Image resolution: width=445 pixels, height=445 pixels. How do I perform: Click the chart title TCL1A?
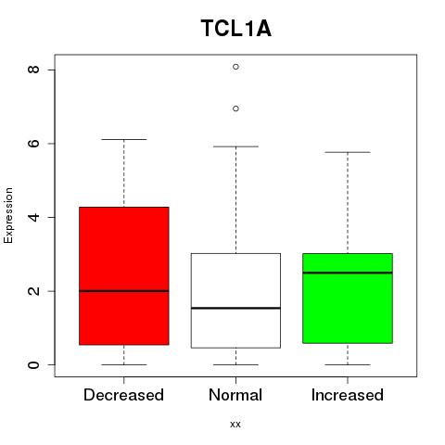236,29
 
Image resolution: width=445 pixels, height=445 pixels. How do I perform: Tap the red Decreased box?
124,275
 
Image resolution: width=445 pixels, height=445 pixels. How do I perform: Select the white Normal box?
235,300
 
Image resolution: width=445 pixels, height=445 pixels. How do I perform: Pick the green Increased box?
348,299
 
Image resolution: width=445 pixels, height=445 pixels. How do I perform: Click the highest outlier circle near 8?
235,67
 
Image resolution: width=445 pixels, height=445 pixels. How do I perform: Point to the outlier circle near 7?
235,108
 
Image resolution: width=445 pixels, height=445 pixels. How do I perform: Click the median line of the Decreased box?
124,291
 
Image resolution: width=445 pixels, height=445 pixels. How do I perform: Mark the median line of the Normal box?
235,308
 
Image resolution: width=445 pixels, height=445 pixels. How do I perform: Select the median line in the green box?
348,273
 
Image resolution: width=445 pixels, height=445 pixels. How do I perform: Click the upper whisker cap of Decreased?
124,139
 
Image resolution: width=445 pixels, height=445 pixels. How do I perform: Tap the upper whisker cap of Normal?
235,146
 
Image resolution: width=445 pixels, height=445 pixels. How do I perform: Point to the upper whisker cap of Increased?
348,152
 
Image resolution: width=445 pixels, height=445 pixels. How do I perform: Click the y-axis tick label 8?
33,70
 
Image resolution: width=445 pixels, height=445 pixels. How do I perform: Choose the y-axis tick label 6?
33,144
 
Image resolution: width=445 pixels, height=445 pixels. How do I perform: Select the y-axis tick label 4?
33,217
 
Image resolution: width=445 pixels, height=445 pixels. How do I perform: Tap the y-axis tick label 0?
33,364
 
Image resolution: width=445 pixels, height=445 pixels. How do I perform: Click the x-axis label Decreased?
123,395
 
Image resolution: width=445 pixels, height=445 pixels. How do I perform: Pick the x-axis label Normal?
235,395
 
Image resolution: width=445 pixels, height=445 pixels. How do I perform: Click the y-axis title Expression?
8,215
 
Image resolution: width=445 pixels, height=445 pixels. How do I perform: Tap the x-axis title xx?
235,425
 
